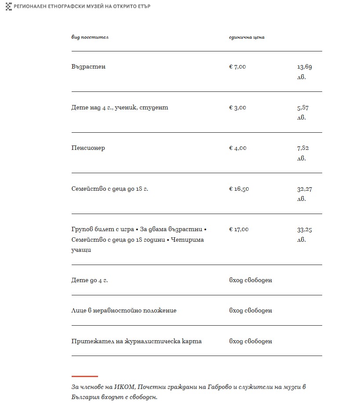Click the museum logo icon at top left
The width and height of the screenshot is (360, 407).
8,7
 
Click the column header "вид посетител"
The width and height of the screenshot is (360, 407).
90,37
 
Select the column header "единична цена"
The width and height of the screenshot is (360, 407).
247,37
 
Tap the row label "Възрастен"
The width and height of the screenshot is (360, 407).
88,67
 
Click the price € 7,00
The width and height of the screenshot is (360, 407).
237,67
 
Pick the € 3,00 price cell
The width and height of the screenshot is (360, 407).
237,107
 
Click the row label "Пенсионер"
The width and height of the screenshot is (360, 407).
88,148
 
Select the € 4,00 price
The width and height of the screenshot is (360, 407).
237,148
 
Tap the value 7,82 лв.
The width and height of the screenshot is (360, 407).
303,153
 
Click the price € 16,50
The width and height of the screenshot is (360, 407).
239,189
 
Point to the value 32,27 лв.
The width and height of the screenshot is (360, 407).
304,193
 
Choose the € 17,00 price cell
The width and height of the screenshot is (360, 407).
239,229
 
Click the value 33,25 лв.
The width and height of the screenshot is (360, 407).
304,234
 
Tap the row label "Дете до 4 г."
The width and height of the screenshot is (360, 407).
89,280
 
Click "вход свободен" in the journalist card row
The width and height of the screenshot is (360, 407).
251,341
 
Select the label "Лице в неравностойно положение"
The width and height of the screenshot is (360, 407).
124,310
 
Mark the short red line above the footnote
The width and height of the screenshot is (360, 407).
84,376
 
